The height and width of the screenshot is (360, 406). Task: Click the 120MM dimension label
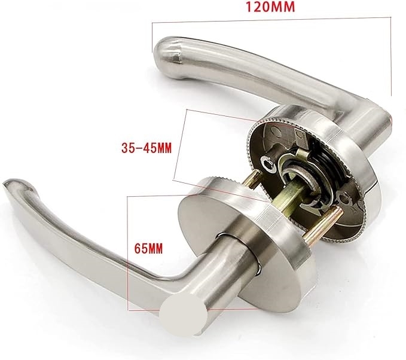pos(270,7)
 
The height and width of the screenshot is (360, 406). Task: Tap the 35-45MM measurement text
pos(146,149)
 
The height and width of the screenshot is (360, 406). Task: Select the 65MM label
pos(148,249)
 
